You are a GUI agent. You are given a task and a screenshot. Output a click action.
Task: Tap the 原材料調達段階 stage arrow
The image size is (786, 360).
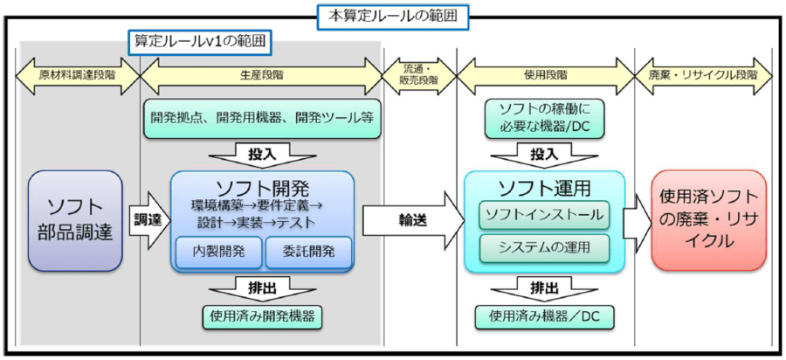click(x=78, y=76)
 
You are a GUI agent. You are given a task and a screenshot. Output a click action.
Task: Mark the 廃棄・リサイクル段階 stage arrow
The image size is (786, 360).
click(x=703, y=76)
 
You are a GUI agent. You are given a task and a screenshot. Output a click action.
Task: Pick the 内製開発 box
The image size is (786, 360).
click(x=217, y=253)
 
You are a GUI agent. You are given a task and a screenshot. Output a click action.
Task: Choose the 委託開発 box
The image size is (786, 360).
click(x=308, y=253)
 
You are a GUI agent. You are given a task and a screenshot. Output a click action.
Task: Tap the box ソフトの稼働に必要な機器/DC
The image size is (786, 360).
click(x=543, y=119)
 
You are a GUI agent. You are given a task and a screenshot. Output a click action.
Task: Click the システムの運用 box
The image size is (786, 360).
click(x=543, y=248)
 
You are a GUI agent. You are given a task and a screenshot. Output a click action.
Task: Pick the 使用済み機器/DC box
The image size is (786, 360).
click(x=543, y=316)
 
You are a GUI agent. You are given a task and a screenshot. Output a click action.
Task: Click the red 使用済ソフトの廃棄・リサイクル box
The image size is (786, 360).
click(x=707, y=220)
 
